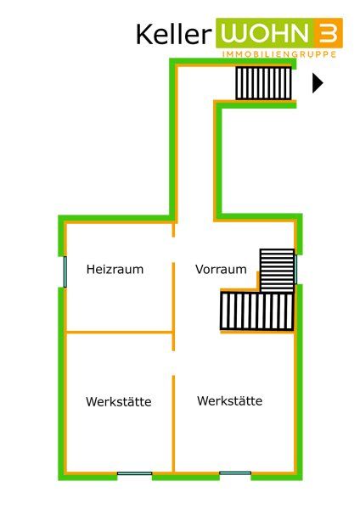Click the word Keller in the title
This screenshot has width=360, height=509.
point(174,35)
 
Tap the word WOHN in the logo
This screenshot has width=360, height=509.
point(265,33)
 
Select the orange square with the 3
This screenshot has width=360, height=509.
point(329,33)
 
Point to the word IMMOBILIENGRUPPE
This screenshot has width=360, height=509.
point(279,54)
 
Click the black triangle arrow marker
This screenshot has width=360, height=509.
point(318,83)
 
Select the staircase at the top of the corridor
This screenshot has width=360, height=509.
point(263,83)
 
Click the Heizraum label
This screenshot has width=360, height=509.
point(115,269)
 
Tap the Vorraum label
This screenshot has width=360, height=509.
point(221,269)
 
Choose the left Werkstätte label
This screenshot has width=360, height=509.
point(119,401)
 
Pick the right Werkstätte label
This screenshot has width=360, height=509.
point(230,400)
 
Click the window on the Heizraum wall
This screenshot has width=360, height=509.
point(65,271)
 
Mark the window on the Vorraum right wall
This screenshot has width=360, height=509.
point(295,270)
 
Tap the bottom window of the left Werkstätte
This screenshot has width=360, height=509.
point(134,473)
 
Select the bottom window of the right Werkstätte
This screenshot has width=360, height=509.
point(235,473)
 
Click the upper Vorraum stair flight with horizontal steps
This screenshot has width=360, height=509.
point(277,271)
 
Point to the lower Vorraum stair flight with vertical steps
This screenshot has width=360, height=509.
point(257,311)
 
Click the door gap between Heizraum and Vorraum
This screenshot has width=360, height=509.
point(173,249)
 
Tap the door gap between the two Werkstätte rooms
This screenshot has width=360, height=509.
point(173,363)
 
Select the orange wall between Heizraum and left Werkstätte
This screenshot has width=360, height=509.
point(119,333)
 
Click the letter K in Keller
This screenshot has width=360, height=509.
point(144,35)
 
